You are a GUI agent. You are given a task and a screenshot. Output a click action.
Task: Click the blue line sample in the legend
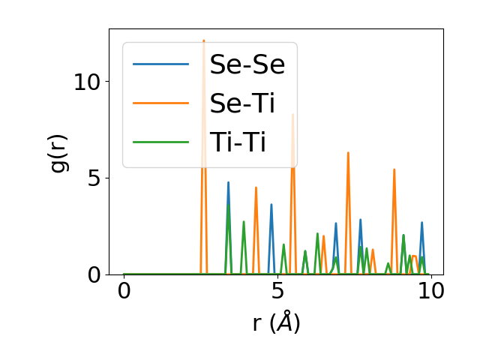click(x=161, y=64)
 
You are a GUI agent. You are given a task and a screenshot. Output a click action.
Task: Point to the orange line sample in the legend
click(x=161, y=103)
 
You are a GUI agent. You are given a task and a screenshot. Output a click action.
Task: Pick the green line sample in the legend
click(x=161, y=141)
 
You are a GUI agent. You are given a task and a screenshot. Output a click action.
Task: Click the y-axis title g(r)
click(x=58, y=152)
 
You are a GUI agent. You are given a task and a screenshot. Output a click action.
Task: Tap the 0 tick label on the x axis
click(x=124, y=292)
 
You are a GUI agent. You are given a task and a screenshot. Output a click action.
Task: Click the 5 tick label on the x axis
click(x=277, y=292)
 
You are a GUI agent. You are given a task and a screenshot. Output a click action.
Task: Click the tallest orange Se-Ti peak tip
click(x=203, y=40)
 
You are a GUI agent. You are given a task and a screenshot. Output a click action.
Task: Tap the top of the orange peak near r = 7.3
click(x=348, y=153)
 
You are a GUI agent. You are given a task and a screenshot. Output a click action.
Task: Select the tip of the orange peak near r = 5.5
click(x=292, y=115)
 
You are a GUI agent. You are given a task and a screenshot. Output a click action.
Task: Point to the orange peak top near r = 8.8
click(x=394, y=169)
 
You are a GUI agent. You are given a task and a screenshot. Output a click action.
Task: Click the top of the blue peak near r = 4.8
click(x=271, y=205)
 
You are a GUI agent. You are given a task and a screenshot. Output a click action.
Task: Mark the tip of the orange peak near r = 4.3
click(x=256, y=187)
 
